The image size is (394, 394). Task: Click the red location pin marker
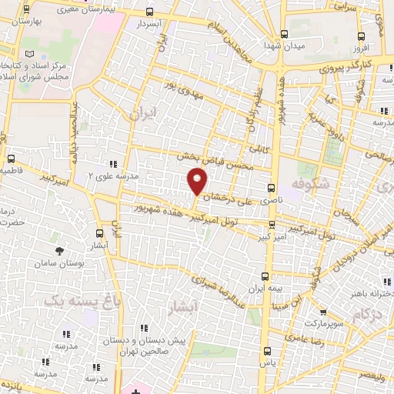[198, 182]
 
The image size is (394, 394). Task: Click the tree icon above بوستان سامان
[60, 251]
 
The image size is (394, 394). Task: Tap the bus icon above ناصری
[270, 187]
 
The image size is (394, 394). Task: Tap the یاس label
[266, 362]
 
